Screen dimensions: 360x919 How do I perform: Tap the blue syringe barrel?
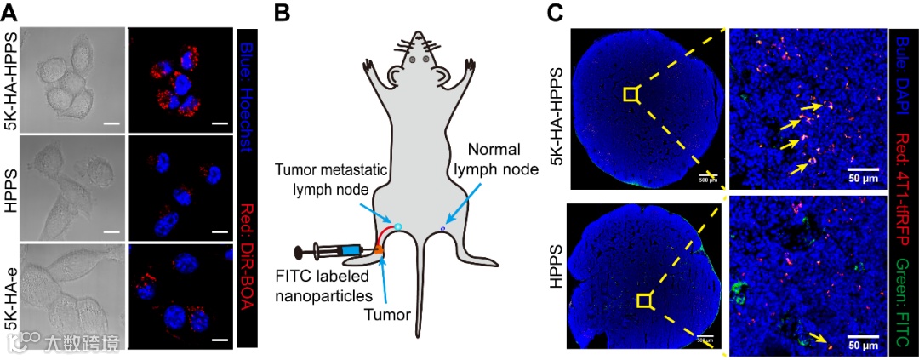347,251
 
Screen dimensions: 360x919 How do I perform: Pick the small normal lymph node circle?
443,229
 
